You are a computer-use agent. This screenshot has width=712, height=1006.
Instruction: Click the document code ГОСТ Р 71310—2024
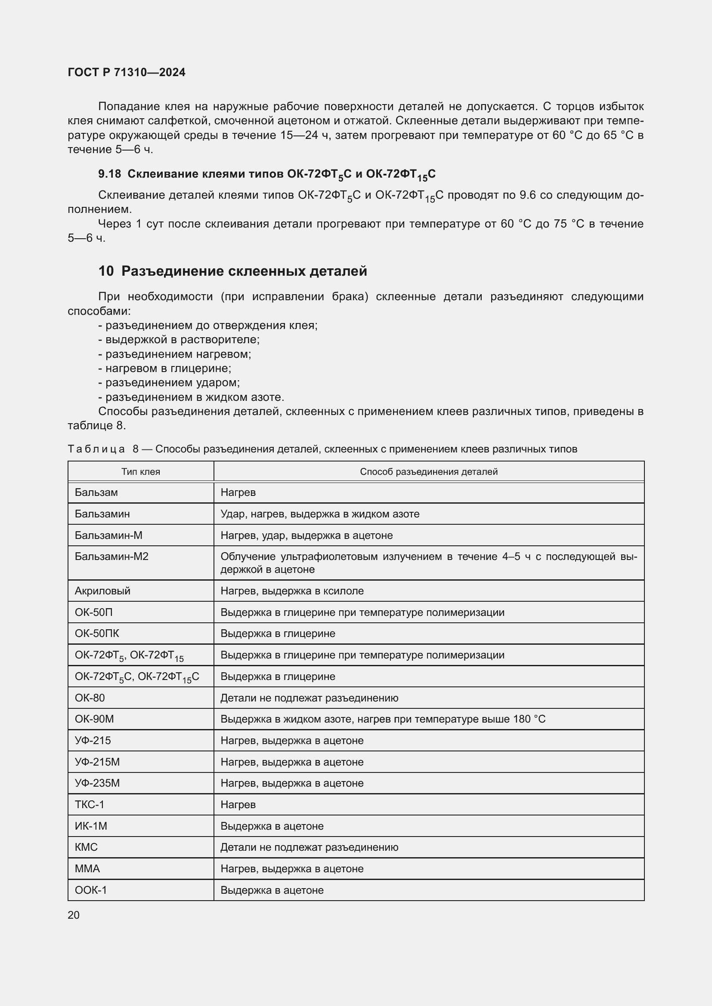tap(126, 72)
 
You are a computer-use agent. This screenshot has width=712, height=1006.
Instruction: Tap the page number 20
tap(74, 915)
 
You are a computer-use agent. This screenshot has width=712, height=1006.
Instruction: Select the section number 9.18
tap(109, 174)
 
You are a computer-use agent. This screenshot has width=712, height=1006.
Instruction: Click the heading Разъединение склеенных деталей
tap(244, 271)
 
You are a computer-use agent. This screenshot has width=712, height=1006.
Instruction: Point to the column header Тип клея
tap(140, 472)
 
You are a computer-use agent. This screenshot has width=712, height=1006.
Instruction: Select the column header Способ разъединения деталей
tap(428, 472)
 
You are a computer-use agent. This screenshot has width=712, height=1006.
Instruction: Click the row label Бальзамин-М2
tap(111, 557)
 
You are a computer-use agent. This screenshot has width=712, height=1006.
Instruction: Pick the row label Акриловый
tap(102, 591)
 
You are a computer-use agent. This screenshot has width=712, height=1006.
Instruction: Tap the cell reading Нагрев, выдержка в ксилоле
tap(292, 591)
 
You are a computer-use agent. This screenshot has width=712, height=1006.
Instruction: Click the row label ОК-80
tap(90, 698)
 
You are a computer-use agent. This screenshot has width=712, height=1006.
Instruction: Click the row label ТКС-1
tap(90, 804)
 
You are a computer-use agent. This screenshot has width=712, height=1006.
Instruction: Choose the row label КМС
tap(87, 847)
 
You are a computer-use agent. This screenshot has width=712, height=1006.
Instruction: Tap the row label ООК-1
tap(91, 890)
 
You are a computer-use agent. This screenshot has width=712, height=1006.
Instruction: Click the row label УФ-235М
tap(97, 783)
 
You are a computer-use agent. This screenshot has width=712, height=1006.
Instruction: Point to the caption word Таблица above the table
tap(96, 449)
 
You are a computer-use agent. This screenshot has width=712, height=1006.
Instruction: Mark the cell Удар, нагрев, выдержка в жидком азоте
tap(319, 514)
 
